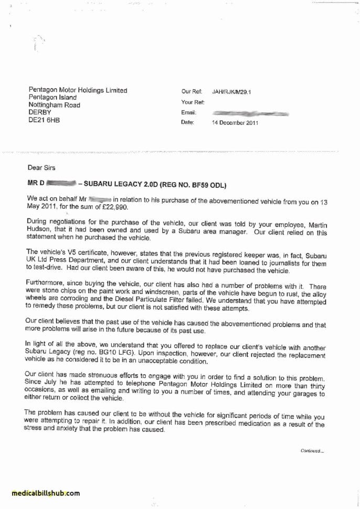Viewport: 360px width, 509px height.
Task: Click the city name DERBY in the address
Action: pos(40,112)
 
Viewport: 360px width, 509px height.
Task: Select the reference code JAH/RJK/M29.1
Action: pos(231,91)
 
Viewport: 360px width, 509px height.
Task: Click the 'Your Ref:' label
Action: pos(193,102)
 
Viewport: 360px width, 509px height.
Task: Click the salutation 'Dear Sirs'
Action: pos(41,168)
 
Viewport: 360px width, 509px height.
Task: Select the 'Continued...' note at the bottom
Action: pos(312,450)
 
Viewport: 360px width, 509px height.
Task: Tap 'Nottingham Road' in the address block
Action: pos(55,105)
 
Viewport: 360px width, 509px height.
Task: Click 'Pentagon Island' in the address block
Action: pos(52,98)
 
